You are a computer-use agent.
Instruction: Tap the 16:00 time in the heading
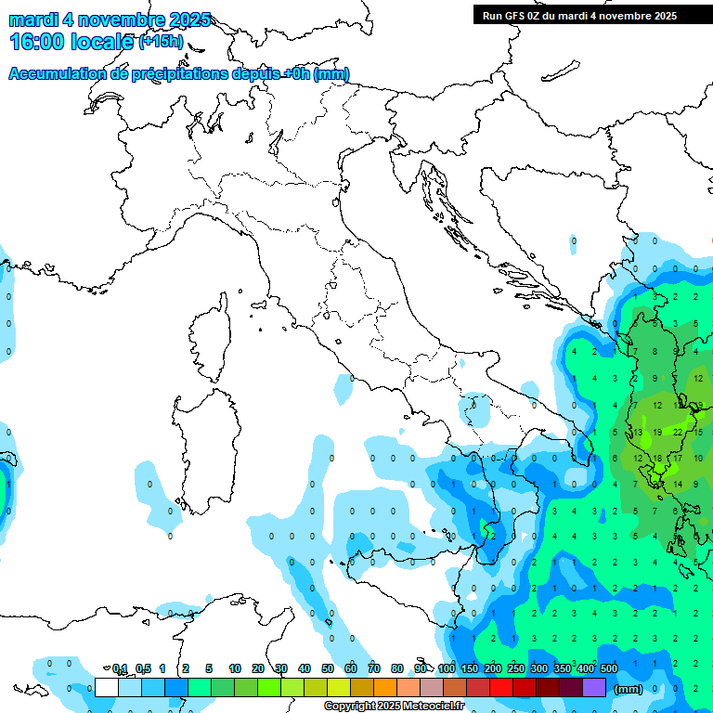(x=35, y=42)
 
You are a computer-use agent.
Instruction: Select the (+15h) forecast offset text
(x=161, y=42)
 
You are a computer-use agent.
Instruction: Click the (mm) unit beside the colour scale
(x=628, y=689)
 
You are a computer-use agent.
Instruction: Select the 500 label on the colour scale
(x=609, y=668)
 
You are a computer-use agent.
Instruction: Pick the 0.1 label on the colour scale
(x=119, y=668)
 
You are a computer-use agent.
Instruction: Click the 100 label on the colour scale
(x=447, y=668)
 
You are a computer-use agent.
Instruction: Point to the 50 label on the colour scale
(x=328, y=668)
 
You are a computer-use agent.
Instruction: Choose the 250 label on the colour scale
(x=516, y=668)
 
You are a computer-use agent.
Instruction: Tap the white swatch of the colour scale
(x=107, y=687)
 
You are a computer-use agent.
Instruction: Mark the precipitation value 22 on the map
(x=678, y=432)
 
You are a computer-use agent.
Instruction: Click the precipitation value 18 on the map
(x=657, y=459)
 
